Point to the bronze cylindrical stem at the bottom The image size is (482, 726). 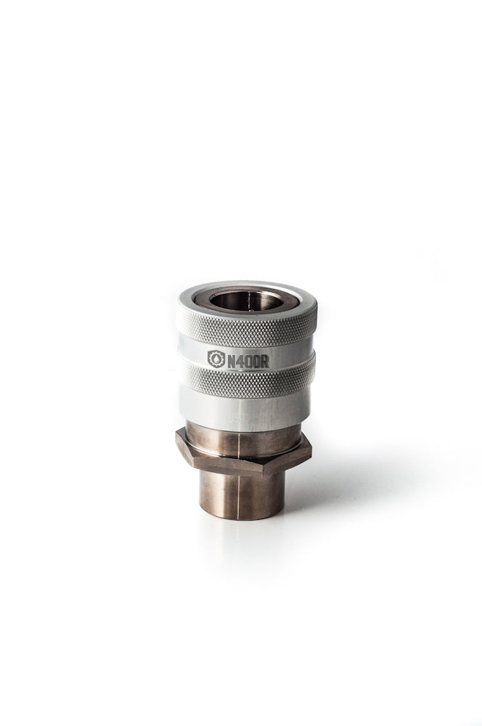[240, 508]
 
